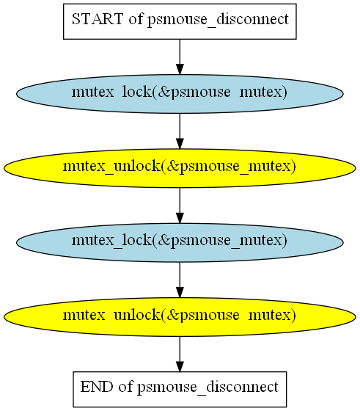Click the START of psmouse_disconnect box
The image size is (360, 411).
180,21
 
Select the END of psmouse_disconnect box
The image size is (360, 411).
180,389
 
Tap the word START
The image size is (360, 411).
98,19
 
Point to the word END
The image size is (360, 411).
97,387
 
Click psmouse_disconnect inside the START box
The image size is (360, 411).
218,20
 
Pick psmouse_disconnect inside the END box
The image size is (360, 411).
208,388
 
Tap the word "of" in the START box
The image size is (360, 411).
136,19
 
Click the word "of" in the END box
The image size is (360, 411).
125,387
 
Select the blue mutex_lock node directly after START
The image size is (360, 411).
180,94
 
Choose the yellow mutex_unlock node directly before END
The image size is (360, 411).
180,317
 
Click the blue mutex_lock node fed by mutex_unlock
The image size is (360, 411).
180,242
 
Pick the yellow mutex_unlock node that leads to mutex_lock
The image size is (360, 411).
180,168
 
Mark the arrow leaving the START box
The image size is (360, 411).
180,57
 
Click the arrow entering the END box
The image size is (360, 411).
180,354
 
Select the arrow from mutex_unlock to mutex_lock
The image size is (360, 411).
180,205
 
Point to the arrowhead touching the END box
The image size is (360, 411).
180,366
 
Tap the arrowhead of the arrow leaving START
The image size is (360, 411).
180,70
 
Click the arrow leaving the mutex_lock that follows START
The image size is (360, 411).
180,131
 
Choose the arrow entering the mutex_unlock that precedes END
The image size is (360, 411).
180,280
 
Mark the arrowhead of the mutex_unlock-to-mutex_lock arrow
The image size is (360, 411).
180,218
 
